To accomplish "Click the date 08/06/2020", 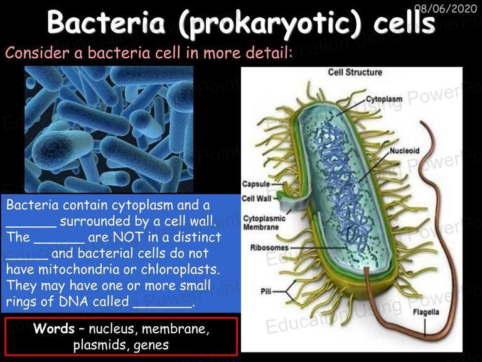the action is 446,8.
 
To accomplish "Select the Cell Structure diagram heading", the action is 355,72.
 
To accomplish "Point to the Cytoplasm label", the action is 384,99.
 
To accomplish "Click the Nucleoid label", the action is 405,151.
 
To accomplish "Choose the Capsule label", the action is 256,184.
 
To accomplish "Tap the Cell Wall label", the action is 257,199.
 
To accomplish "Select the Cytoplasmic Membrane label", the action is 264,223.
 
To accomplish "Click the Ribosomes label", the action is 270,248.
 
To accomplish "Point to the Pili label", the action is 266,291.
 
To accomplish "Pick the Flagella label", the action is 426,312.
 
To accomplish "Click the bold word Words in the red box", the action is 54,329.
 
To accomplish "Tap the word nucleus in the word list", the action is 113,329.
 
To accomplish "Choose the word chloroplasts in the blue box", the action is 181,270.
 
